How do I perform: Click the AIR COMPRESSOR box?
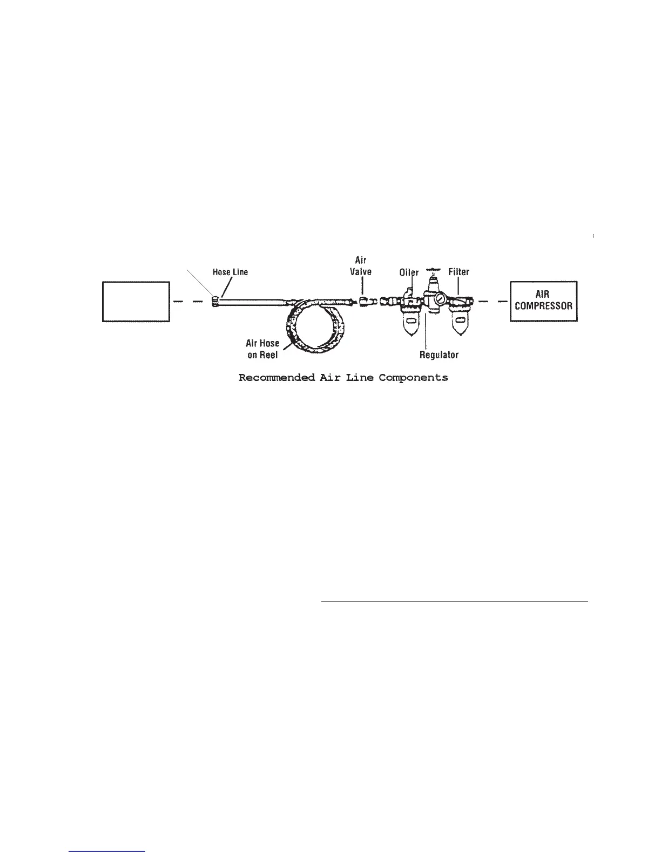[x=544, y=301]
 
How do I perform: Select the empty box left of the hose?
[x=136, y=301]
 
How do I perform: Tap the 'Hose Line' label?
[x=230, y=272]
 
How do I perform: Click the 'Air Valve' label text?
[x=361, y=266]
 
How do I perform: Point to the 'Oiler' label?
[x=409, y=273]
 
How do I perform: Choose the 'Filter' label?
[x=458, y=272]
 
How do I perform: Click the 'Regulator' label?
[x=439, y=355]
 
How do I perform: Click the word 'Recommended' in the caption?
[x=276, y=378]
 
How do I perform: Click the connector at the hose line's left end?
[x=215, y=300]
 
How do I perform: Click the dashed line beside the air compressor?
[x=491, y=301]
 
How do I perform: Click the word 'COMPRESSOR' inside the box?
[x=544, y=306]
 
